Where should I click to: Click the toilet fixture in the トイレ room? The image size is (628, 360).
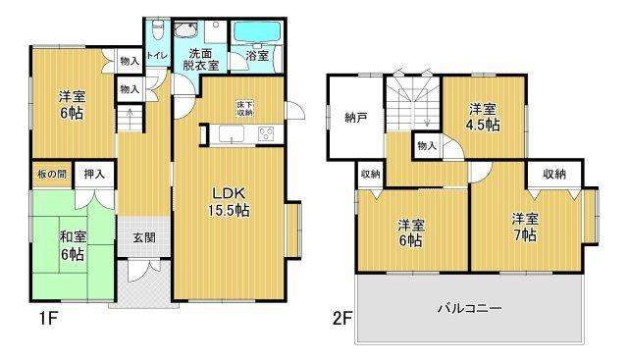[x=158, y=29]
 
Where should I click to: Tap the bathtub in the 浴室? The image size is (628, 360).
[x=257, y=31]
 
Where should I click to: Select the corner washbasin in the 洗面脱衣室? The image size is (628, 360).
[x=184, y=30]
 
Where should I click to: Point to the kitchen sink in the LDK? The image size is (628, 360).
[x=232, y=133]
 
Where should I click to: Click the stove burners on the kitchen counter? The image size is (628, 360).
[x=266, y=133]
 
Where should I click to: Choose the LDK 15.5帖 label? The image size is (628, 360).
[x=229, y=202]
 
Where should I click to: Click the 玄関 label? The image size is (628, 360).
[x=144, y=237]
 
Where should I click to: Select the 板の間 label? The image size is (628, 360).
[x=52, y=175]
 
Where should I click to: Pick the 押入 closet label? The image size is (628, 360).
[x=94, y=174]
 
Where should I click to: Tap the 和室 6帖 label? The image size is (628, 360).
[x=73, y=245]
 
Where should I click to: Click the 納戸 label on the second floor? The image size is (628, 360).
[x=356, y=118]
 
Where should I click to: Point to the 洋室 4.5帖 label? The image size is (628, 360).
[x=483, y=117]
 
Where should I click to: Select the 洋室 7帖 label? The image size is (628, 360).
[x=525, y=227]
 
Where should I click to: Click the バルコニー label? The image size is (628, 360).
[x=469, y=308]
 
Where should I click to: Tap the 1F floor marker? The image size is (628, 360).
[x=49, y=319]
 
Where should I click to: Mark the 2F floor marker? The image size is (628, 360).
[x=342, y=319]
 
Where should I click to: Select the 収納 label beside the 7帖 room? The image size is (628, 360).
[x=554, y=174]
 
